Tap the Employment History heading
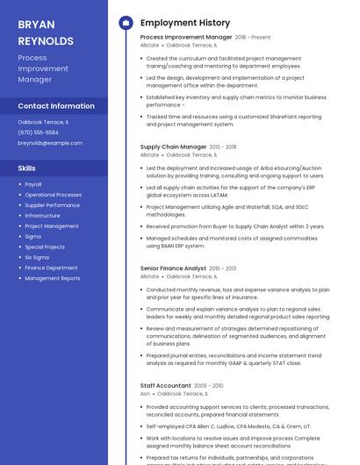click(184, 23)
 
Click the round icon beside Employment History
click(126, 23)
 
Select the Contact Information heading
click(56, 106)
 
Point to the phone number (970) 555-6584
click(38, 132)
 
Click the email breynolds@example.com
click(44, 143)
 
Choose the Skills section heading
click(27, 167)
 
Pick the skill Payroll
click(33, 184)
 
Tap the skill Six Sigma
click(37, 257)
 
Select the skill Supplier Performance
click(52, 205)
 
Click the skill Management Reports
click(52, 278)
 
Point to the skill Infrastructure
click(42, 216)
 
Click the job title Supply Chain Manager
click(173, 147)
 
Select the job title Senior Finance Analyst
click(173, 268)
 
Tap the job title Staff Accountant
click(165, 385)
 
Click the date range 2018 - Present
click(253, 38)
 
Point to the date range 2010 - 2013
click(223, 268)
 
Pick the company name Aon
click(145, 394)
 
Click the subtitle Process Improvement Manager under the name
click(42, 68)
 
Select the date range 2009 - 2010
click(208, 385)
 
